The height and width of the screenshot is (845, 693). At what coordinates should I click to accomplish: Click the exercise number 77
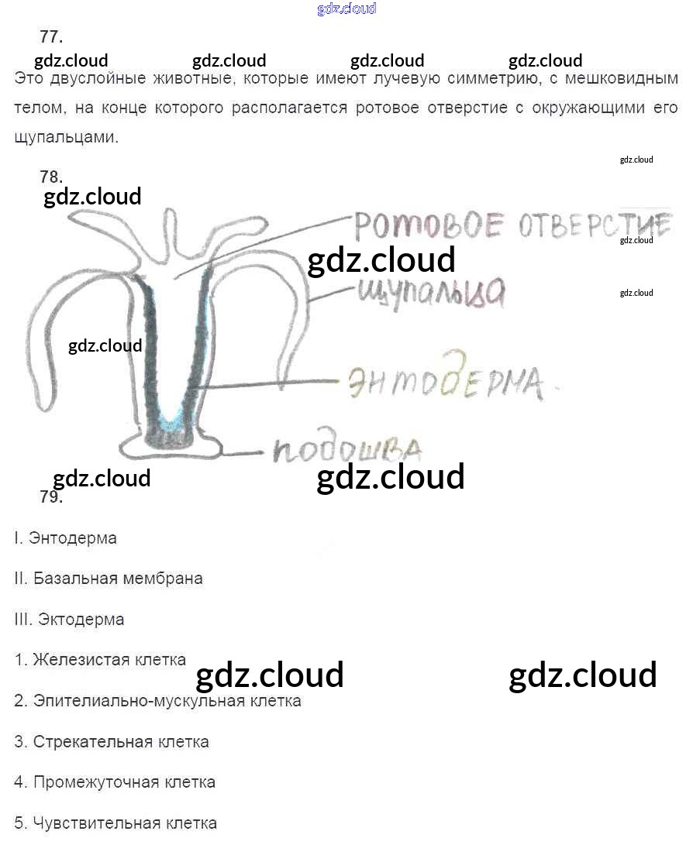[51, 37]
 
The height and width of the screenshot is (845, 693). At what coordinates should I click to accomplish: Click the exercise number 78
[51, 177]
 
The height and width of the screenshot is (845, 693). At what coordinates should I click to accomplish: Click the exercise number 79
[51, 497]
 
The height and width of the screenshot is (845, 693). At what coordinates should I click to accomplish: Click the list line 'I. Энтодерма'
[65, 538]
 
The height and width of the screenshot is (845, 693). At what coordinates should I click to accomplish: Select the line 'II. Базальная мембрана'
[108, 579]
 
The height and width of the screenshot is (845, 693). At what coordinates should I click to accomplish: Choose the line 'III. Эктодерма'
[69, 620]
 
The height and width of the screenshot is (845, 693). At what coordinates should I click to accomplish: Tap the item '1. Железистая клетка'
[100, 660]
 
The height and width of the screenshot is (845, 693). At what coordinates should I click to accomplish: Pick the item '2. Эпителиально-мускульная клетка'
[157, 701]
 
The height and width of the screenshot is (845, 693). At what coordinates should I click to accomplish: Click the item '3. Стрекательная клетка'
[112, 742]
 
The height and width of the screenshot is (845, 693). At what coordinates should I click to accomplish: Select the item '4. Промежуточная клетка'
[115, 782]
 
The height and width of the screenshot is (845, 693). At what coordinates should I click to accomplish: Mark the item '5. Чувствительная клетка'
[115, 823]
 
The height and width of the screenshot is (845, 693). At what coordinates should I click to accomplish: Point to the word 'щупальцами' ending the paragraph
[67, 138]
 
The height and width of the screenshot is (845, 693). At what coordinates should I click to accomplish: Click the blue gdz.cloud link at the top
[346, 9]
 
